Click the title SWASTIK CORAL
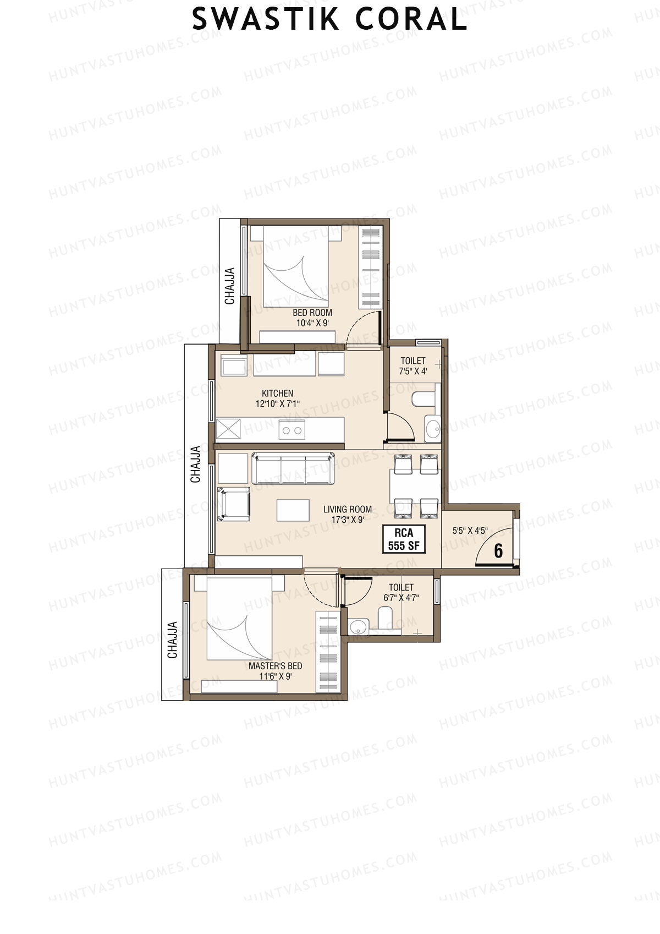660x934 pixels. click(x=329, y=20)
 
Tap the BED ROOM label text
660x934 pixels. click(x=312, y=313)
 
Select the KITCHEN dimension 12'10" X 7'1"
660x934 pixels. click(x=277, y=403)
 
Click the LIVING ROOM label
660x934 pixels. click(x=347, y=509)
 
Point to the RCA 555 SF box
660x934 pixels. click(x=404, y=539)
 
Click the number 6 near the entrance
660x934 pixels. click(x=498, y=550)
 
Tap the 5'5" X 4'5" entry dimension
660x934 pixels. click(x=470, y=531)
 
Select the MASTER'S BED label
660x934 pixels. click(x=275, y=665)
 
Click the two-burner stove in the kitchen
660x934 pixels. click(x=291, y=430)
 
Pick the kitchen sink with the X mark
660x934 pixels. click(x=228, y=429)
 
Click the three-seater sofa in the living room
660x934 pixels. click(x=293, y=468)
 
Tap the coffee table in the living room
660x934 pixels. click(x=289, y=510)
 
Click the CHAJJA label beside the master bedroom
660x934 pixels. click(x=172, y=640)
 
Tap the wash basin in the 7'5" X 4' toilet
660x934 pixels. click(x=433, y=428)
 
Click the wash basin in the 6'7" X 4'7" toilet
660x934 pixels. click(x=359, y=626)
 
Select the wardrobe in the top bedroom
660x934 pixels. click(x=369, y=267)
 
